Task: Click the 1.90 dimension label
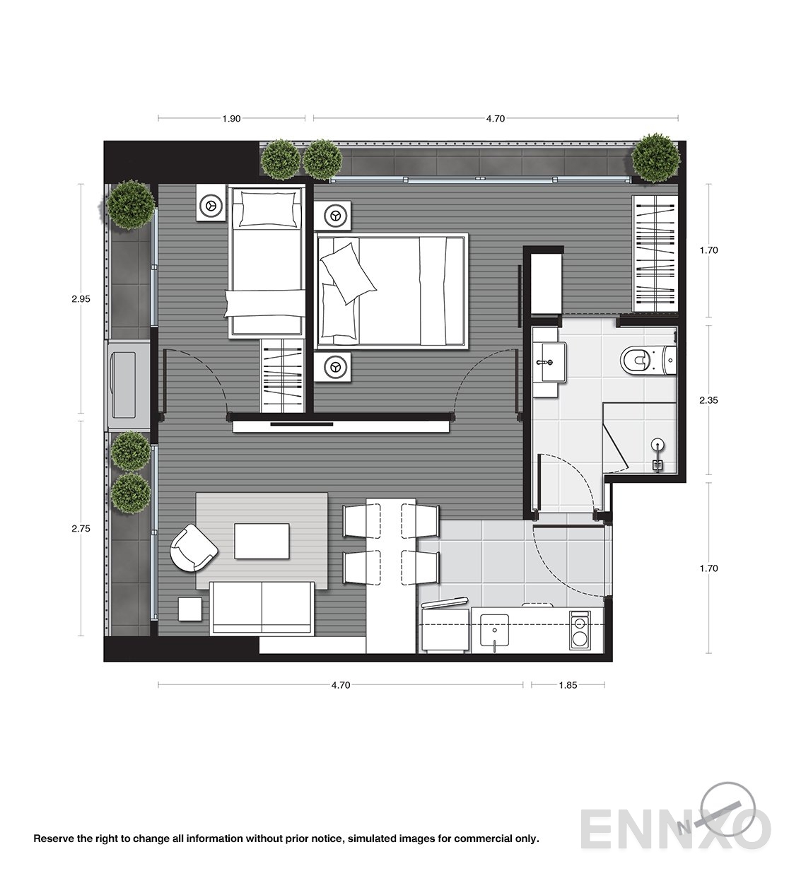(x=231, y=119)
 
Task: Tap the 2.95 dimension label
(x=81, y=299)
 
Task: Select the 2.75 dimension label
(x=81, y=528)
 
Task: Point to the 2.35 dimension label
(x=708, y=400)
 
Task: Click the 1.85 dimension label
(x=568, y=685)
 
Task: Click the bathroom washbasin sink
(x=550, y=362)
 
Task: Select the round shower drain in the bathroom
(x=659, y=444)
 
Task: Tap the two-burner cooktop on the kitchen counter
(x=580, y=631)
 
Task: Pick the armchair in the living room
(x=193, y=547)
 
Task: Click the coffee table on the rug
(x=262, y=541)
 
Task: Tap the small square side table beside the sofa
(x=189, y=609)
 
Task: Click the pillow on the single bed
(x=267, y=209)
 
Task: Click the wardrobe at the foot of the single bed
(x=282, y=376)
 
